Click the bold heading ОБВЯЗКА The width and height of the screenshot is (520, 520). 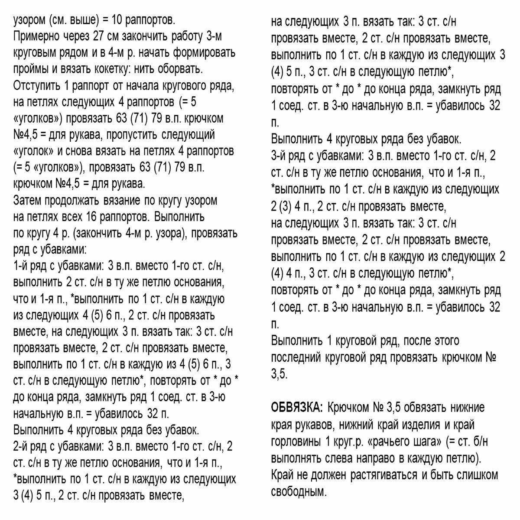(297, 408)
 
